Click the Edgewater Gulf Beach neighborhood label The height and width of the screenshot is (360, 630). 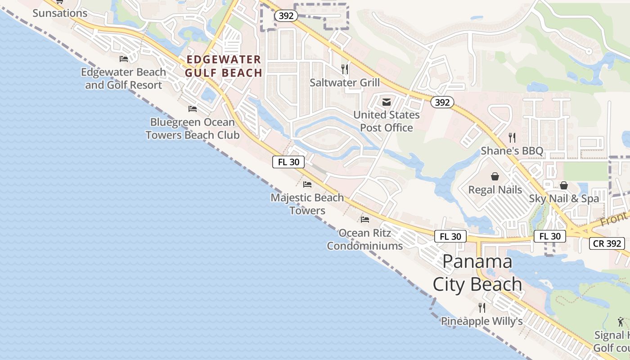coord(224,66)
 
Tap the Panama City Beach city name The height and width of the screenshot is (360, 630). coord(477,273)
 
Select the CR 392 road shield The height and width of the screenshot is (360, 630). coord(607,243)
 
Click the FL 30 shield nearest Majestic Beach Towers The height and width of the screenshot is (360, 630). coord(288,162)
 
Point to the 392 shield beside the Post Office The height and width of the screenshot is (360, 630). coord(442,102)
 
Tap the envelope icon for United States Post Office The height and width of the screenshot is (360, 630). coord(386,102)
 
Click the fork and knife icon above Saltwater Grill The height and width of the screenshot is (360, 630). coord(345,69)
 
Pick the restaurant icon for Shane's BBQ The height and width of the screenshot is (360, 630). coord(512,137)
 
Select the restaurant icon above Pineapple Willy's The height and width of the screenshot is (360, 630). coord(482,308)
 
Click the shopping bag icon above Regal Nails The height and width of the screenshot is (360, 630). coord(495,176)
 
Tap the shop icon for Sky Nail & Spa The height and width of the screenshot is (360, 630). coord(564,185)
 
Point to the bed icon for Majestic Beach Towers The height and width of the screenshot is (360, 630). coord(307,184)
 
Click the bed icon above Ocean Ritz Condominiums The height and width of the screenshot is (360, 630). coord(365,219)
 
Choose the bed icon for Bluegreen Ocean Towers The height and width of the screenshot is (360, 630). coord(193,108)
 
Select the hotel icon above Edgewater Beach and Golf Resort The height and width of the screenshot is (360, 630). coord(124,58)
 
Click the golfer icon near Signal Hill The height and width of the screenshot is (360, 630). coord(621,322)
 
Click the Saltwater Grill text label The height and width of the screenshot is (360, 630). coord(345,82)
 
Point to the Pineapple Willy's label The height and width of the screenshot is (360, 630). coord(481,321)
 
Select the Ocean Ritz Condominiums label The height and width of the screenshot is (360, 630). coord(365,239)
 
